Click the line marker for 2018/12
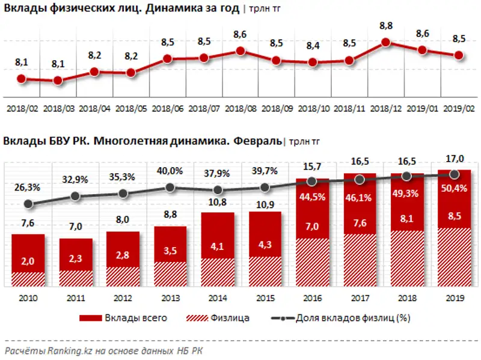tap(386, 43)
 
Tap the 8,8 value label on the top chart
tap(386, 26)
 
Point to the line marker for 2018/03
tap(58, 81)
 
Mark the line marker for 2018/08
tap(240, 51)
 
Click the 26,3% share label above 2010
tap(27, 188)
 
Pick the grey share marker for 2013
tap(170, 188)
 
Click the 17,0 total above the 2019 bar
tap(455, 159)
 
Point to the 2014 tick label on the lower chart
tap(217, 298)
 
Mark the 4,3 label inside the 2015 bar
tap(265, 245)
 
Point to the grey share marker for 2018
tap(407, 176)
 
